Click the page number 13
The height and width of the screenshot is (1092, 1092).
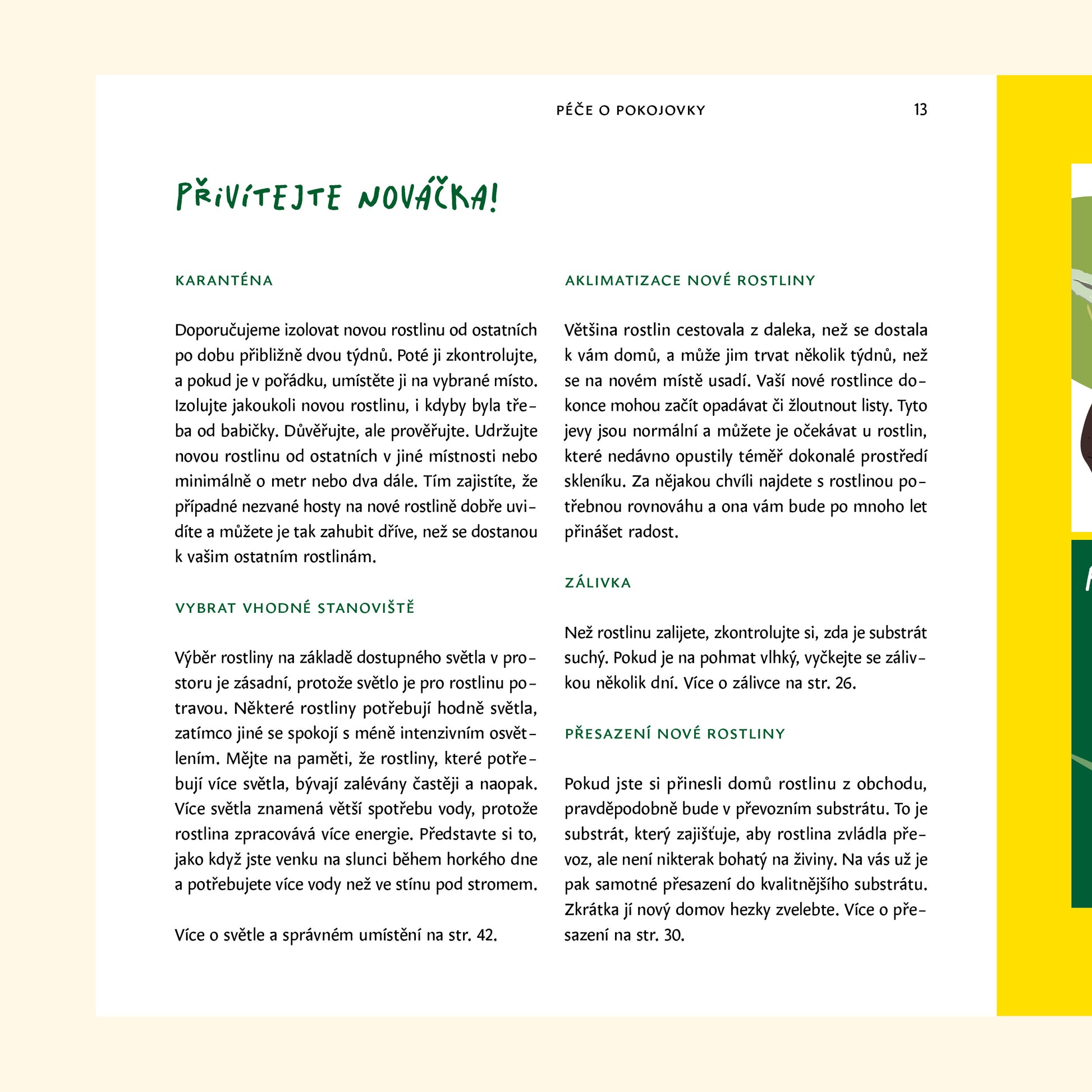click(920, 109)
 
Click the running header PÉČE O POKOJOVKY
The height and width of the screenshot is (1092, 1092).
click(631, 110)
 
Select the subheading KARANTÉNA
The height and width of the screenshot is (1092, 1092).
click(224, 281)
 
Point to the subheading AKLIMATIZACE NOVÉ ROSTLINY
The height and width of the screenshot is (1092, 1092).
click(690, 281)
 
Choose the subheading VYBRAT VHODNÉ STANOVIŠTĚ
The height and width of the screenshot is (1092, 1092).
click(295, 608)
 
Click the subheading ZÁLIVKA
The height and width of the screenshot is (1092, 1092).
click(598, 582)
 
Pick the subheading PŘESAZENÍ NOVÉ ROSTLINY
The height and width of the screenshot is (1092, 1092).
click(675, 733)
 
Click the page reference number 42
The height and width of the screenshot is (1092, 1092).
click(486, 935)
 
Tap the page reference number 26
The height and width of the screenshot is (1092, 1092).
click(845, 683)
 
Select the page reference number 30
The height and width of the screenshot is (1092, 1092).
click(674, 935)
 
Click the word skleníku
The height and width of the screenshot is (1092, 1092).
click(595, 481)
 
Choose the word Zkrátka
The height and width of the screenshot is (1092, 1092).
click(592, 910)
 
